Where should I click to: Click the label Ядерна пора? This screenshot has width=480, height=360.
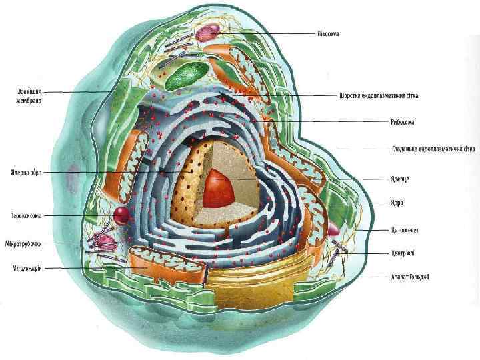(x=27, y=173)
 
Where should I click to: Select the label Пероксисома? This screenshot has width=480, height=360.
(x=27, y=215)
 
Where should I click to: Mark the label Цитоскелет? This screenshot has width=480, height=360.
(x=404, y=231)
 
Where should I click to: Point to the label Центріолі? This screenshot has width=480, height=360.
(x=404, y=253)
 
